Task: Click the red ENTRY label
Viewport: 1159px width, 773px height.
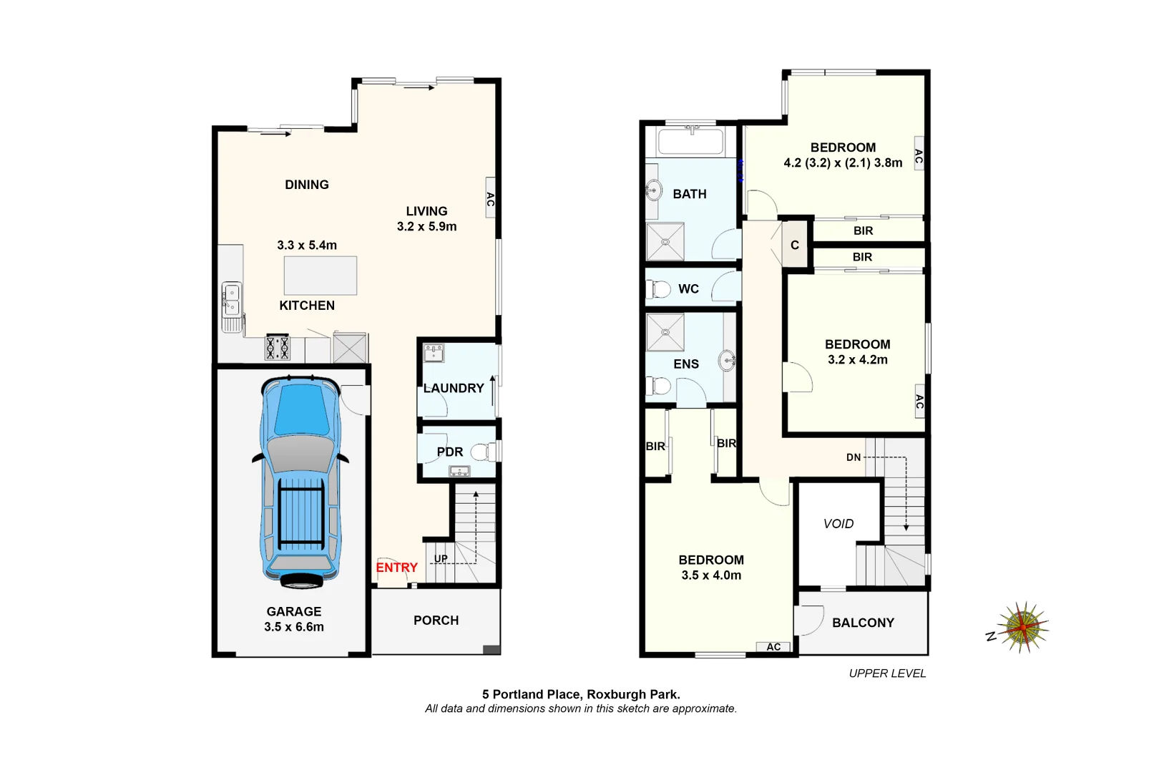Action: [396, 568]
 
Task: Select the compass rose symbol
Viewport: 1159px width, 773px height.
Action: [1023, 627]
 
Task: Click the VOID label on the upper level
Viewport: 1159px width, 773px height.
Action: [838, 524]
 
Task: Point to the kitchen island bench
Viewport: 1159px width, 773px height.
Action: [320, 276]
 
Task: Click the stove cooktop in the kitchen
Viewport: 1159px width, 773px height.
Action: [278, 348]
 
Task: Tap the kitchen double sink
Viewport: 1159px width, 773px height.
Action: [232, 300]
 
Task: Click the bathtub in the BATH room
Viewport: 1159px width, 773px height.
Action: [690, 140]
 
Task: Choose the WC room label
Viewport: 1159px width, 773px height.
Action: [688, 289]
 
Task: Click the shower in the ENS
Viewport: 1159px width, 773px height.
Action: [665, 332]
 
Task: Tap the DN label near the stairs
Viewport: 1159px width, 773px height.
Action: [854, 457]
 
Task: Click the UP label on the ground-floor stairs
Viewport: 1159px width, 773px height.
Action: [441, 559]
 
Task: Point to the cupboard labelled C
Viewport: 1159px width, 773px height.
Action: [795, 245]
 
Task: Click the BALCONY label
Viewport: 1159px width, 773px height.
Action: [863, 623]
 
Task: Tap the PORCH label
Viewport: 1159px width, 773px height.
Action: [436, 621]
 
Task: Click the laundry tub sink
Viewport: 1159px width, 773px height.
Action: [434, 353]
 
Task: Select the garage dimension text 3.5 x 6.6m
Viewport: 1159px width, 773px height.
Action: [293, 627]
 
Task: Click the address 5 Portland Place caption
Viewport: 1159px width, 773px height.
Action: [580, 694]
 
